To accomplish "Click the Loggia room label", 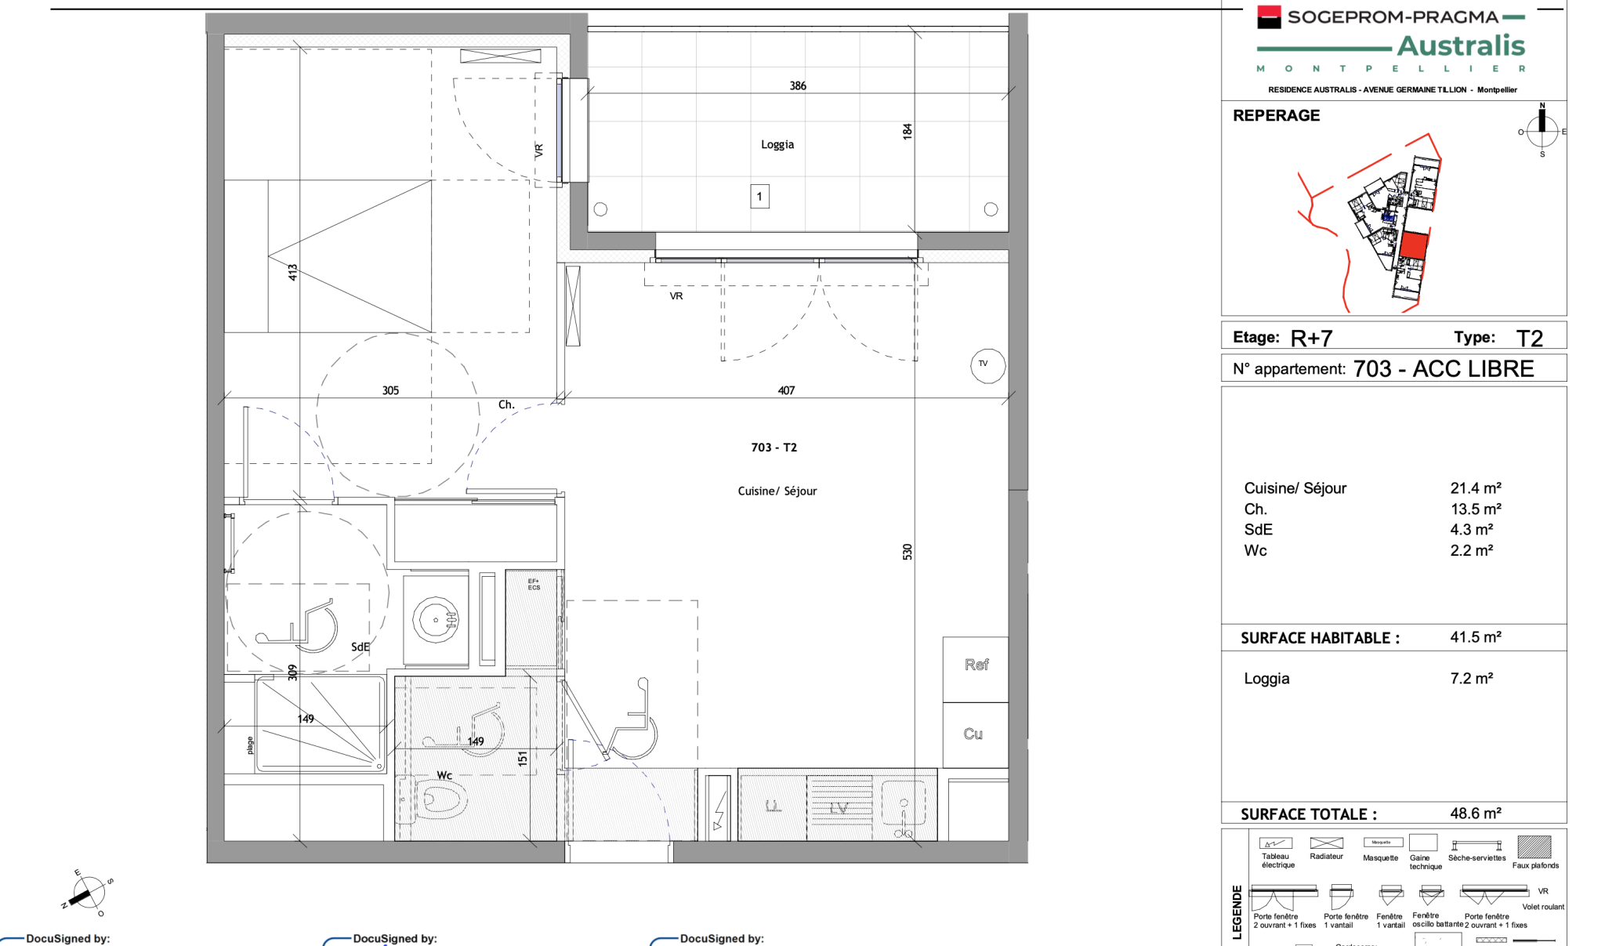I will (777, 144).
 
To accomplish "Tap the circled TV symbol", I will (987, 365).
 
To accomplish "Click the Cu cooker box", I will (974, 734).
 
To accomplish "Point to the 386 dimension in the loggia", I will (798, 86).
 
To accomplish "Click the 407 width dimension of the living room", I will (786, 390).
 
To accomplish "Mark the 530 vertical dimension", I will (908, 552).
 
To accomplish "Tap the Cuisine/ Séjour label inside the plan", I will (777, 491).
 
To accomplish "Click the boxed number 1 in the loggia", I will (759, 197).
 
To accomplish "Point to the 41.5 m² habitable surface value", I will (1475, 637).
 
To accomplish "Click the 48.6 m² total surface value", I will (1475, 814).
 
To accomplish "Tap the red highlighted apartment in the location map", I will (1413, 245).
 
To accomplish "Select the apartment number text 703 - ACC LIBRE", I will (1444, 369).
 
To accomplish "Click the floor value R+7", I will (1311, 339).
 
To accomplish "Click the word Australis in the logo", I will (1461, 46).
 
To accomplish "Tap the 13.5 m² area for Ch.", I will (1475, 509).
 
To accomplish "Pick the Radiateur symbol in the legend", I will (1326, 843).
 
